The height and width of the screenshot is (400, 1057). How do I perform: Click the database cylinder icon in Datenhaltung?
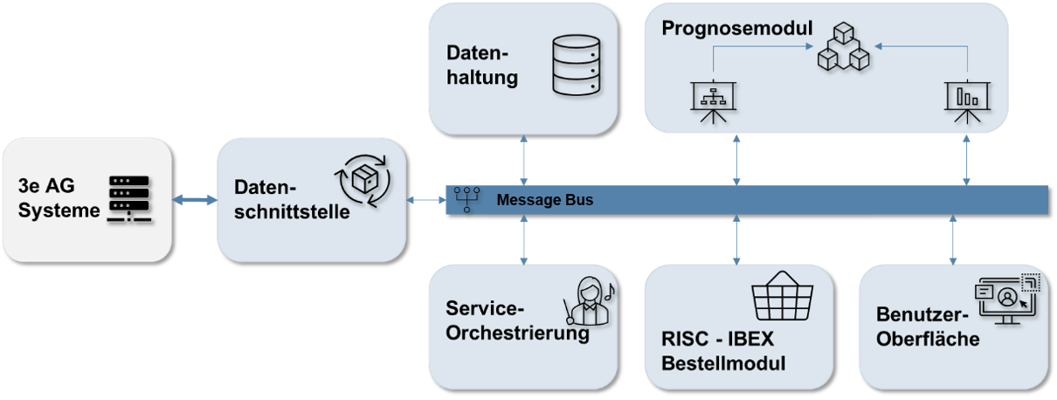[577, 65]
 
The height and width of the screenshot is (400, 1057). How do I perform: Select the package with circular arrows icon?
[363, 181]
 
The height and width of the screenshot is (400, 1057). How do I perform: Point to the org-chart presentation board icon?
[714, 103]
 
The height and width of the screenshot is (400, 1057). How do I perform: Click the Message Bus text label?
[544, 200]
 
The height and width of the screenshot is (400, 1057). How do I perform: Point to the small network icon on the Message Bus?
[466, 200]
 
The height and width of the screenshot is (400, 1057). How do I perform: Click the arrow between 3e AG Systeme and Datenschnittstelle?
[194, 200]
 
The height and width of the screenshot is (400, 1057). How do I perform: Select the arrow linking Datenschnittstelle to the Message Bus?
[426, 200]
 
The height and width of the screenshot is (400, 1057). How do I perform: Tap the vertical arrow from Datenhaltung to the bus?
[522, 159]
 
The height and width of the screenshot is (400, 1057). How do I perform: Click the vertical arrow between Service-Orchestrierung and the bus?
[522, 239]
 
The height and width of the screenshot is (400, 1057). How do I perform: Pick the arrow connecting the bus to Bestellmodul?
[736, 239]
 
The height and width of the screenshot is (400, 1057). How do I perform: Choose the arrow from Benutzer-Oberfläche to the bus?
[952, 239]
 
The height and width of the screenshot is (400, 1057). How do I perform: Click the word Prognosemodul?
[736, 28]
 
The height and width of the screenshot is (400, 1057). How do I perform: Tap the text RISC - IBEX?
[719, 340]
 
